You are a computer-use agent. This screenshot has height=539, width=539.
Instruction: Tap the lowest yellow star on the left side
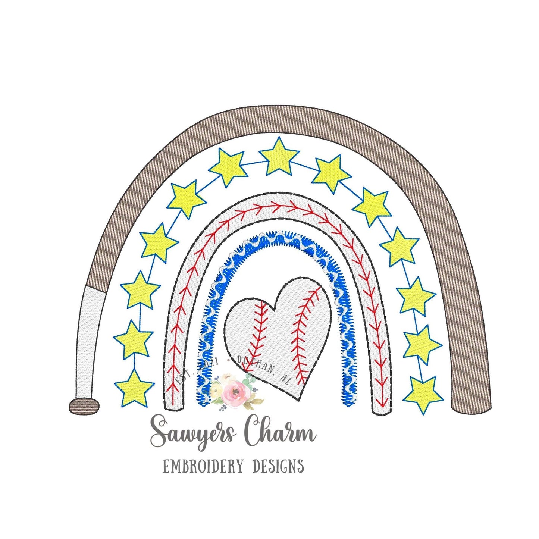click(134, 388)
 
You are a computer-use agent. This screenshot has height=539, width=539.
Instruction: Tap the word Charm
click(280, 433)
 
